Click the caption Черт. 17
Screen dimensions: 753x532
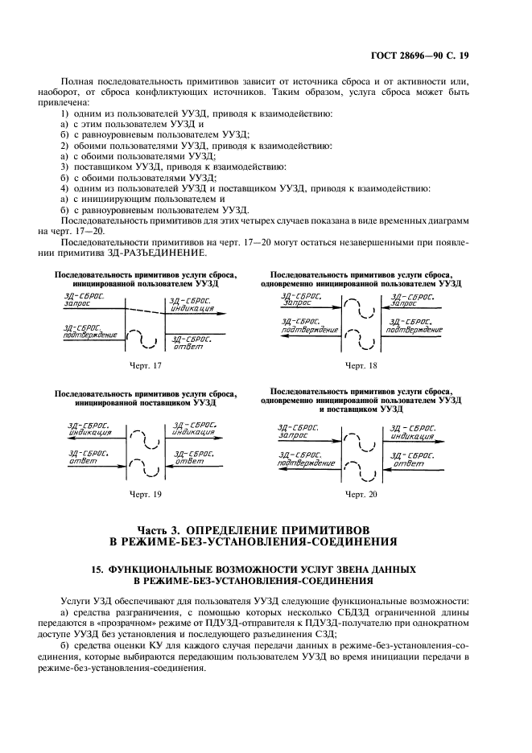tap(145, 366)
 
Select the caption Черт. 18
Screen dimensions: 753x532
tap(361, 366)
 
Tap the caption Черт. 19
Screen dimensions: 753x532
tap(145, 493)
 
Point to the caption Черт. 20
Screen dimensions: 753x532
tap(361, 493)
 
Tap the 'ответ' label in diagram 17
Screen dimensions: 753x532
tap(187, 347)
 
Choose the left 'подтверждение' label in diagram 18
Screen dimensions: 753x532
tap(307, 330)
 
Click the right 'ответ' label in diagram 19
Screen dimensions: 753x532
tap(189, 461)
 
